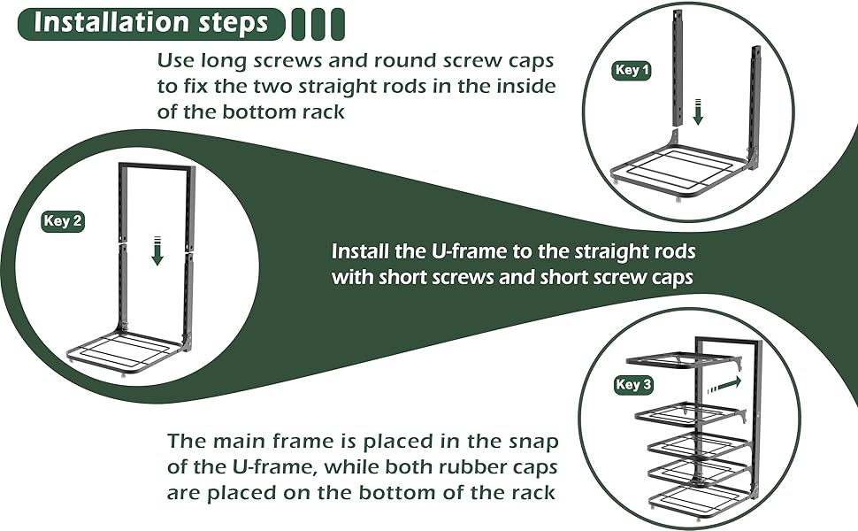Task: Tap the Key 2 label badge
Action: [x=63, y=221]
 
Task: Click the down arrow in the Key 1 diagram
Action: [x=697, y=113]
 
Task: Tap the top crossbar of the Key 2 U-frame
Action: [x=156, y=167]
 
